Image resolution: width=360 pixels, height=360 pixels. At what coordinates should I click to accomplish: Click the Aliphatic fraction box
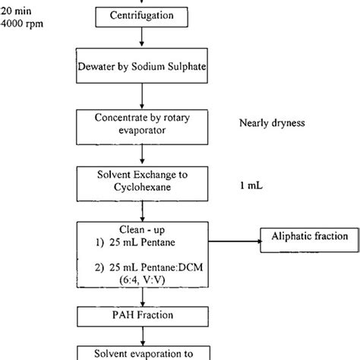coord(309,237)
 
